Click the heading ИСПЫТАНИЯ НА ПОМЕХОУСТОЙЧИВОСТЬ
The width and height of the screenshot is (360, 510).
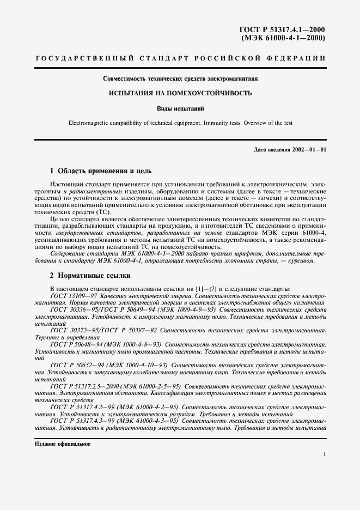pos(180,93)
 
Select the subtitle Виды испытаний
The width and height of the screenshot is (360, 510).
pos(180,108)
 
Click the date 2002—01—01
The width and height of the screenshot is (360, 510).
pos(309,149)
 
